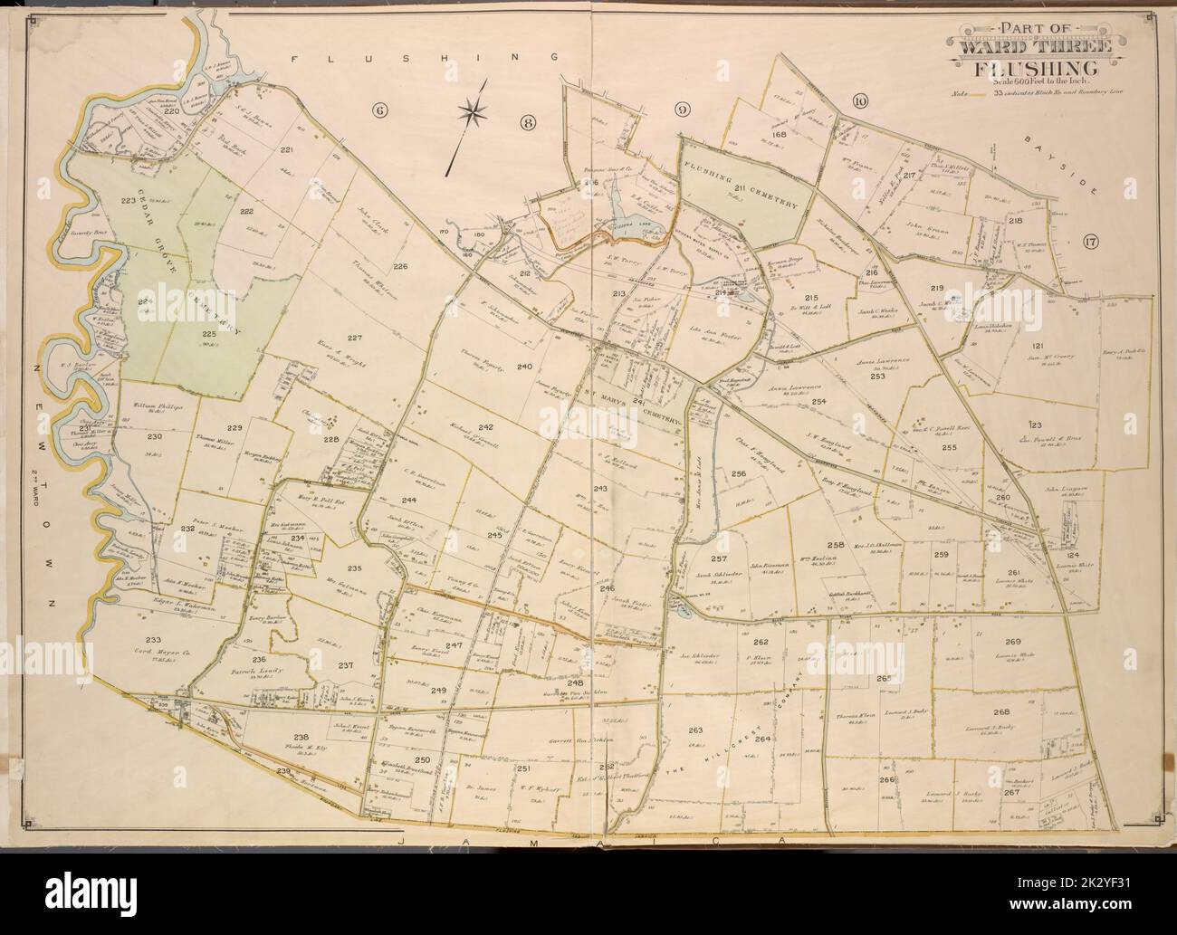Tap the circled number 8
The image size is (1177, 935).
tap(528, 121)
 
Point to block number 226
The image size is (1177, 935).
tap(400, 266)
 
